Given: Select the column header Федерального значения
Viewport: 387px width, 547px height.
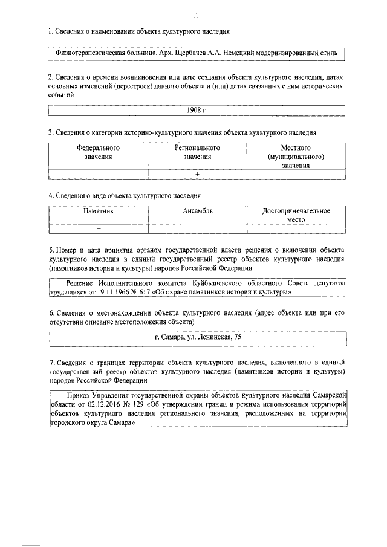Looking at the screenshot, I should (98, 152).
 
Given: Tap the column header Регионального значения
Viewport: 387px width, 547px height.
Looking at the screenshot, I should (197, 152).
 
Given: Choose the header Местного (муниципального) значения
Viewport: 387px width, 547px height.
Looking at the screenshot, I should (295, 156).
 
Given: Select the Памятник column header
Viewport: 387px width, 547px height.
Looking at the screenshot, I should (99, 212).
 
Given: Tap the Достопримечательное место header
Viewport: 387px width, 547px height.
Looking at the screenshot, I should (296, 216).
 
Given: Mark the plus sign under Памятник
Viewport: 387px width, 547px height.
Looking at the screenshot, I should (99, 229).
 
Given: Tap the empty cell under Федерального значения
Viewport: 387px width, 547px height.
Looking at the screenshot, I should (98, 175).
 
